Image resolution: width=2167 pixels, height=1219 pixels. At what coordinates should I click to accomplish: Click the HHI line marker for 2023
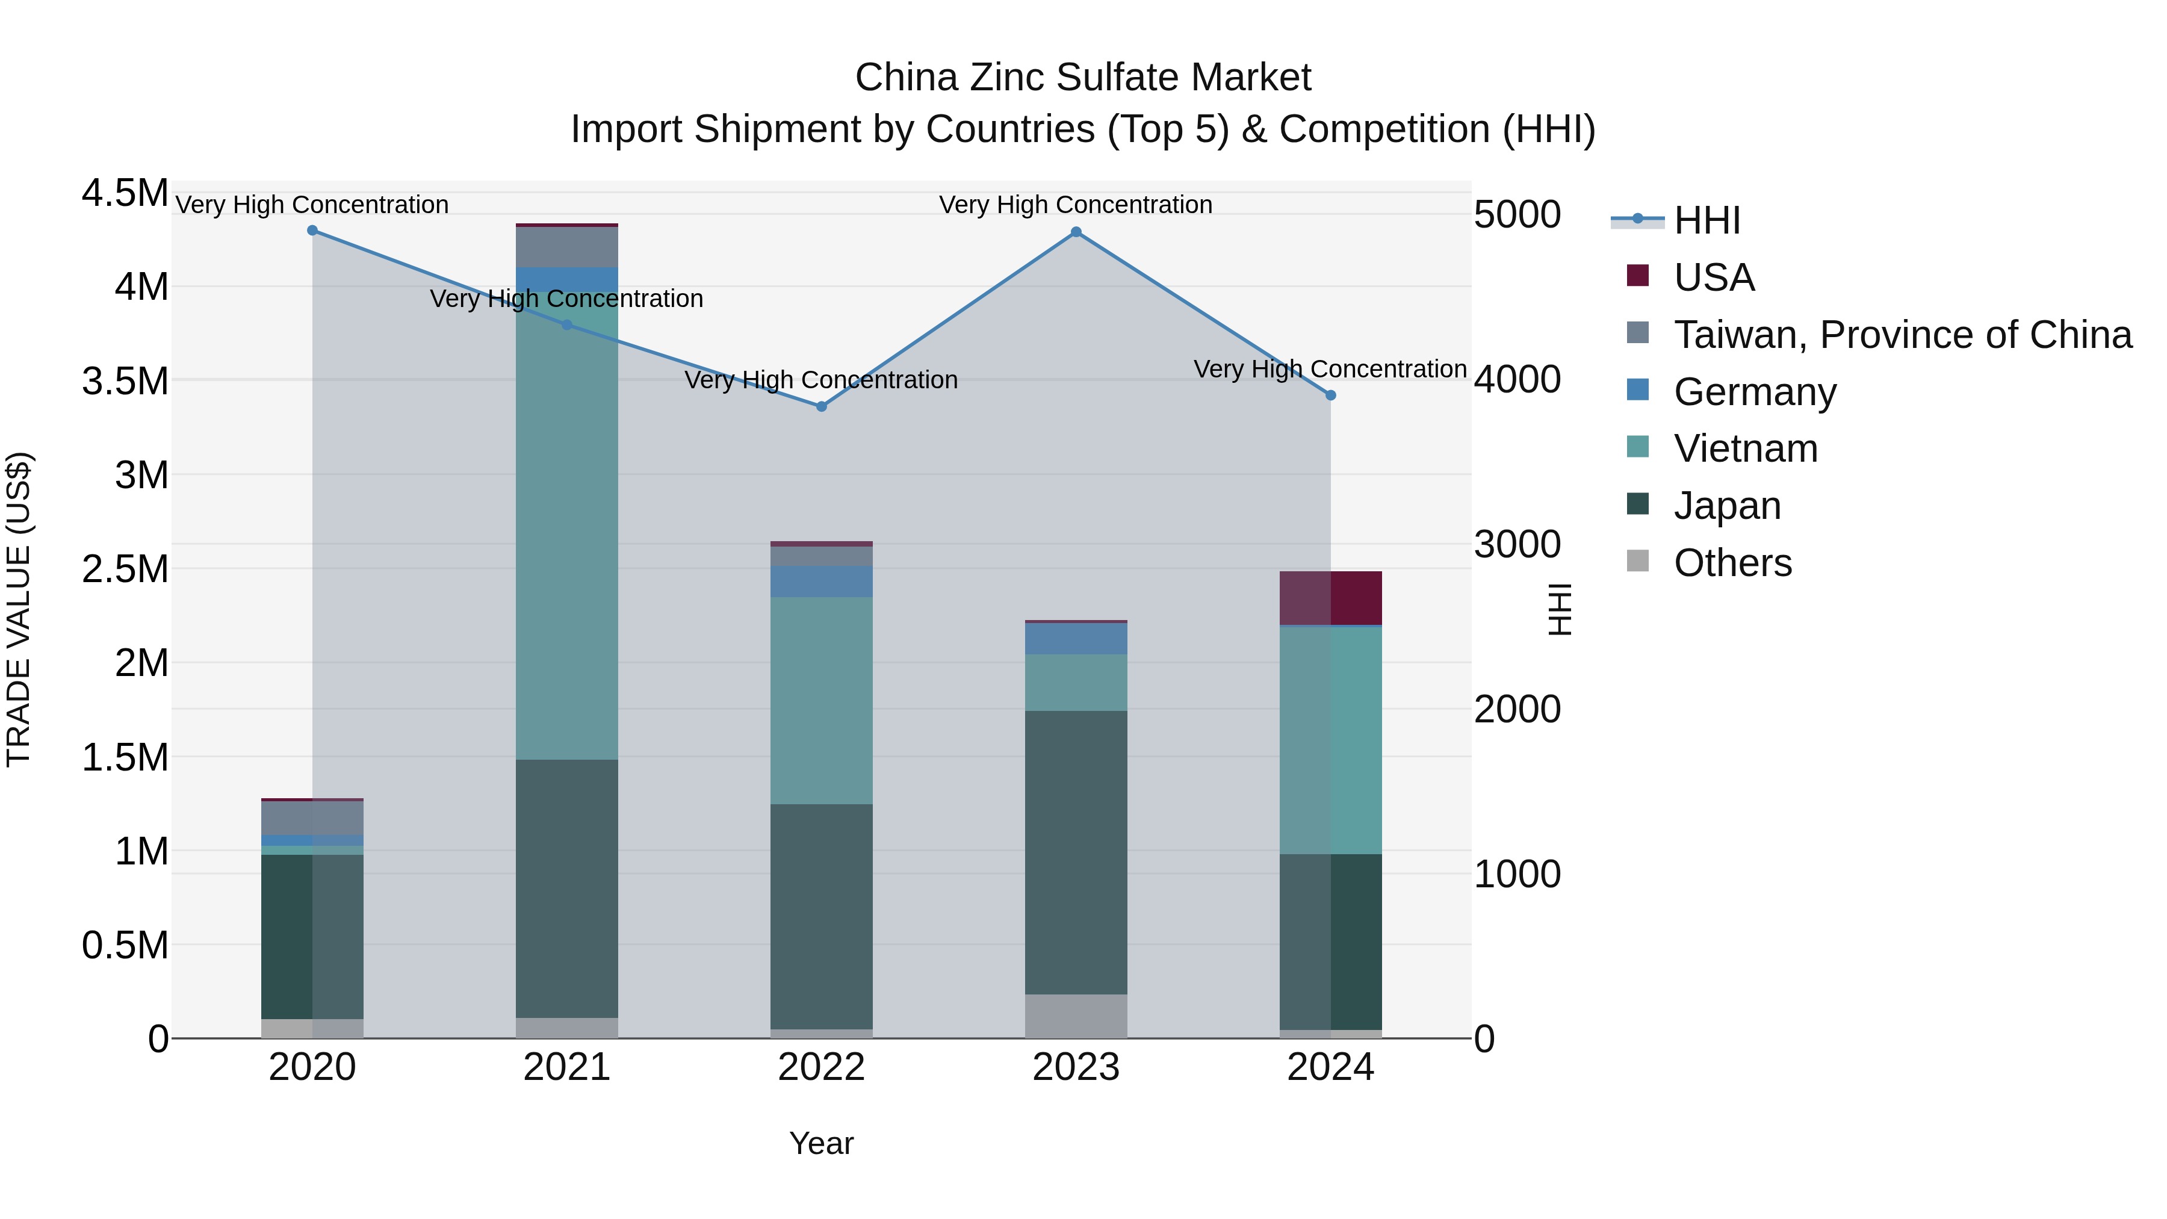pos(1076,232)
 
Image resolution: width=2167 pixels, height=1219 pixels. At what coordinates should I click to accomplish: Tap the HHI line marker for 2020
pos(312,231)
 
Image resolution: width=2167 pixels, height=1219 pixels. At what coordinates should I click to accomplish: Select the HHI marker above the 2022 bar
pos(822,406)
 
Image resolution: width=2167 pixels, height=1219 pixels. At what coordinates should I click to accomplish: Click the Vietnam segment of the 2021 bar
pos(567,538)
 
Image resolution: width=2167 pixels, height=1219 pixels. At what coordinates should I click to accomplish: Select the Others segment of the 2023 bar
pos(1076,1016)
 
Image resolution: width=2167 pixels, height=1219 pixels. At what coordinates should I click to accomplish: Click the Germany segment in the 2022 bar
pos(822,582)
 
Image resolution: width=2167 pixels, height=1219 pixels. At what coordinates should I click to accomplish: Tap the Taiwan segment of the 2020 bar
pos(312,817)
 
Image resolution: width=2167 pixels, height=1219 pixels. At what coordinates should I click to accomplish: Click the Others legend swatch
pos(1638,561)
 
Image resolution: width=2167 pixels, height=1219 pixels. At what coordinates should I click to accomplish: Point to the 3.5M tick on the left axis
pos(125,381)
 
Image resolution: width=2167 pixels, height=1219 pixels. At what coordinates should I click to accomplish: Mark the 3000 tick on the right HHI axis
pos(1518,544)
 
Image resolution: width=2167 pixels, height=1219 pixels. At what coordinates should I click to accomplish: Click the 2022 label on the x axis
pos(822,1067)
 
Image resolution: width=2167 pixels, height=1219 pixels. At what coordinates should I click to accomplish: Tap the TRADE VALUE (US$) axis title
pos(19,609)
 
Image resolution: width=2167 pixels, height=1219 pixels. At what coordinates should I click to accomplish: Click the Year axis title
pos(822,1143)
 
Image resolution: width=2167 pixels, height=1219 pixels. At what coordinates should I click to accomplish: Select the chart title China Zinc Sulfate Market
pos(1083,78)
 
